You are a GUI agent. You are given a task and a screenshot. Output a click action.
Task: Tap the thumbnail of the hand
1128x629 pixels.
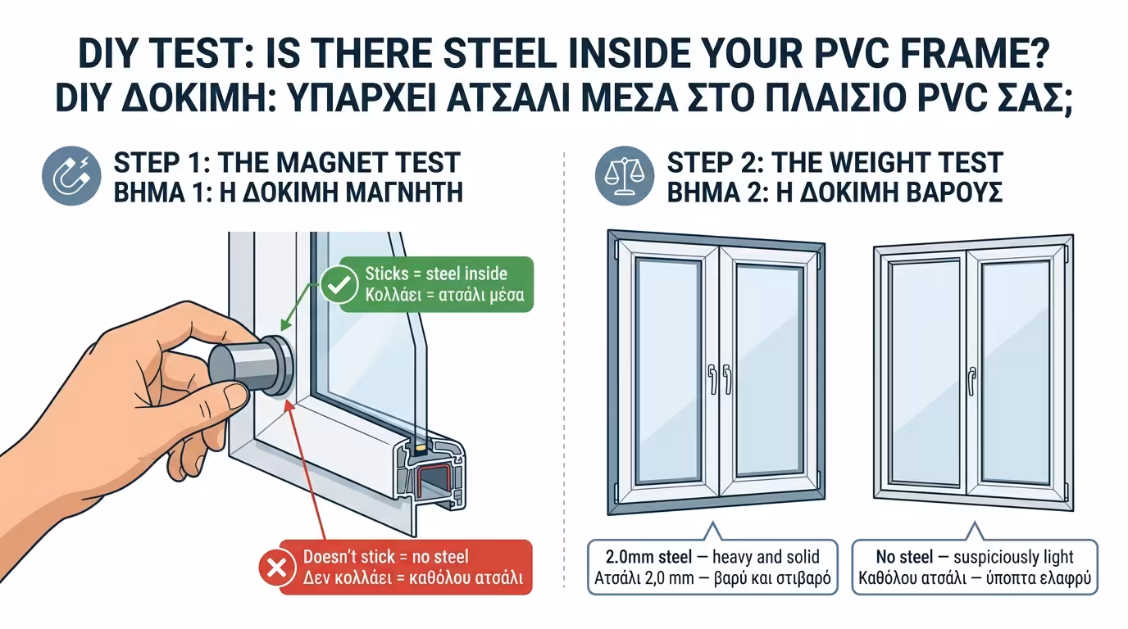point(235,398)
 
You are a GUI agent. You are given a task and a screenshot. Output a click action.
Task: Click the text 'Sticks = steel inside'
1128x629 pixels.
point(436,274)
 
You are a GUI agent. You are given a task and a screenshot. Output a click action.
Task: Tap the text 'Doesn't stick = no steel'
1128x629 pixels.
point(385,557)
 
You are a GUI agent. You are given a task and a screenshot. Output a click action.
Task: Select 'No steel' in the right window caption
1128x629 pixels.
point(904,557)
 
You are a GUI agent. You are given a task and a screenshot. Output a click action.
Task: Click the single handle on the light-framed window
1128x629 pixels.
point(971,378)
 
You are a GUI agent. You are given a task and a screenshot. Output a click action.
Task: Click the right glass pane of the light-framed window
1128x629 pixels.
point(1015,373)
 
